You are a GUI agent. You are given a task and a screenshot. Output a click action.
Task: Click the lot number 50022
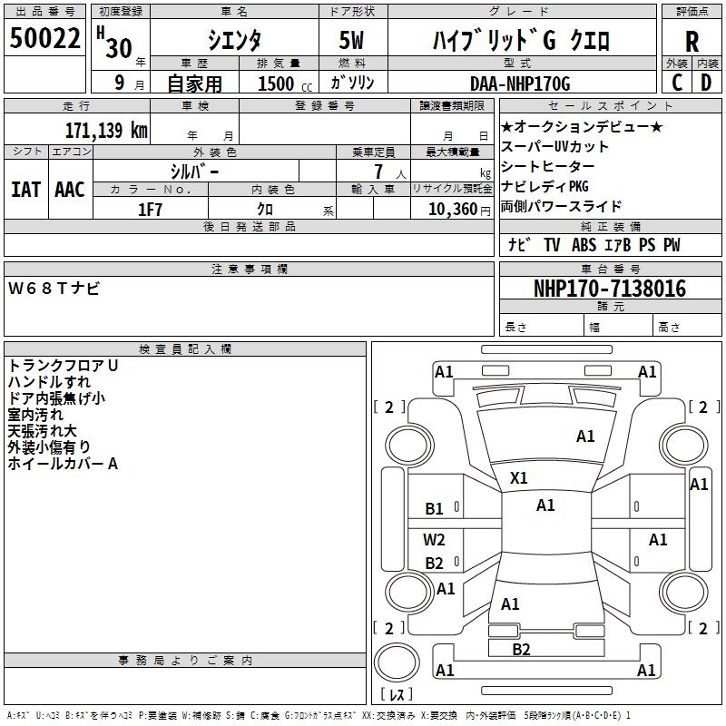(45, 38)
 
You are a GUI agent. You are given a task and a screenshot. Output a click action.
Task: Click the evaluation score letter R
(692, 43)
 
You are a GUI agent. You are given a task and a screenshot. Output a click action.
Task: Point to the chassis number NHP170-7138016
(610, 289)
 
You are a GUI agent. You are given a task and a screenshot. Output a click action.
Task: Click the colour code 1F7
(150, 210)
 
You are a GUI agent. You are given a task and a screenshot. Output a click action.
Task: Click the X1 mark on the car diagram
(519, 477)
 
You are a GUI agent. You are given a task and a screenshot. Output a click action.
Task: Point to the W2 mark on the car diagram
(435, 539)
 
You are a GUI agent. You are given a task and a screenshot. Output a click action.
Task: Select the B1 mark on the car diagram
(435, 509)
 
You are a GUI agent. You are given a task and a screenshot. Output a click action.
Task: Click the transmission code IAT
(25, 190)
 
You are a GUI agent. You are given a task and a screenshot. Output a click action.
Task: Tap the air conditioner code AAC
(69, 190)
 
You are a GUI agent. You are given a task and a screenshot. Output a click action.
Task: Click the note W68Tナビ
(54, 289)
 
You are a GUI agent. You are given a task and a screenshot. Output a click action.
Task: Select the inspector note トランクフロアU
(64, 366)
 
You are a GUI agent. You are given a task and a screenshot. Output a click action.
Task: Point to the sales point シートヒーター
(548, 166)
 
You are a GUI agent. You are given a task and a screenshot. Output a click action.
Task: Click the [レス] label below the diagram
(397, 695)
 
